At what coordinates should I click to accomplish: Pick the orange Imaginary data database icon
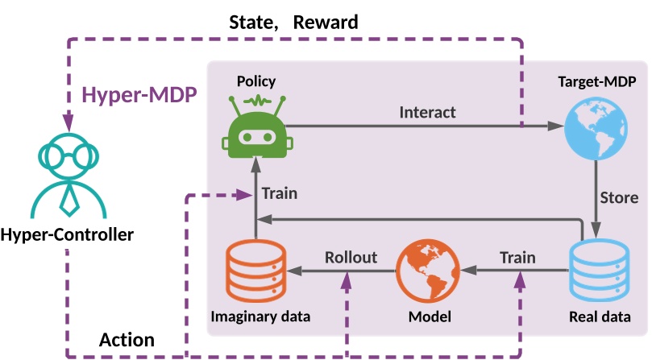(255, 271)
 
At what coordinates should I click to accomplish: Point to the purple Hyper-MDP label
(139, 97)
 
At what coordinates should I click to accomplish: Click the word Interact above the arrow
(427, 112)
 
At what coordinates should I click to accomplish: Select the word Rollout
(351, 257)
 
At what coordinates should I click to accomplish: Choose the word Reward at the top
(326, 22)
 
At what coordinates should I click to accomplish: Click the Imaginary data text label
(260, 316)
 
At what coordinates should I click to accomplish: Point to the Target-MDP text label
(597, 82)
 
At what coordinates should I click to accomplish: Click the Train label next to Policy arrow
(280, 193)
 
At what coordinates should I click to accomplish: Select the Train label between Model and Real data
(517, 257)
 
